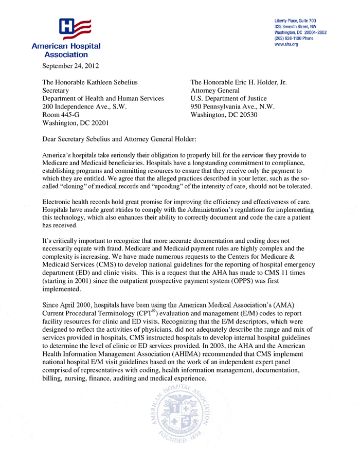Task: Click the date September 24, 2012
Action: [71, 65]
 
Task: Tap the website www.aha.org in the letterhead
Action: [286, 44]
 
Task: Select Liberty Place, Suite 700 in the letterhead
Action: [295, 20]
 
